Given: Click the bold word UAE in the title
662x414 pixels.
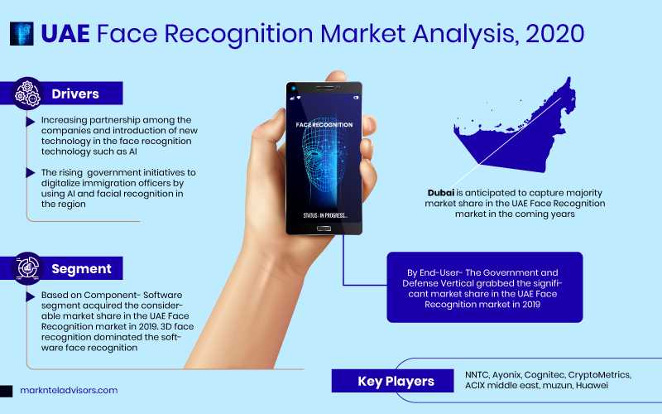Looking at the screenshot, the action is pos(65,33).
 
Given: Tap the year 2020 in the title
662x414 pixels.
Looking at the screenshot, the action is pos(554,33).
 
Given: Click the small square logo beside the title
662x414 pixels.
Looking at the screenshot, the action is pos(22,34).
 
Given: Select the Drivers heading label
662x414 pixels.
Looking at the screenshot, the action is pos(75,94).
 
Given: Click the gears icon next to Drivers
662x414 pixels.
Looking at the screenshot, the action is pos(27,94).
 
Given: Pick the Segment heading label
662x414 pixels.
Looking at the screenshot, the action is pos(81,268).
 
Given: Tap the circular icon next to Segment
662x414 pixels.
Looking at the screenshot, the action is pos(28,268).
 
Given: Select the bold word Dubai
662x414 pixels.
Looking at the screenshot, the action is pos(441,193).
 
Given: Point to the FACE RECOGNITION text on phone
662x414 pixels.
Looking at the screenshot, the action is pos(324,125).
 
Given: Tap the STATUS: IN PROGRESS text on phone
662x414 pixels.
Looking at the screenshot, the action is pos(325,215).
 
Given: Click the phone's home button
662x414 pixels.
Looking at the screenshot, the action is pos(324,229).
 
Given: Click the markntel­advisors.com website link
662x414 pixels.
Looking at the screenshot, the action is pos(69,390).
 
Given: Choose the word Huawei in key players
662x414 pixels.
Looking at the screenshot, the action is pos(592,385).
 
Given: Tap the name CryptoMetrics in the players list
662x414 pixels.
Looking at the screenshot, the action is pos(599,375).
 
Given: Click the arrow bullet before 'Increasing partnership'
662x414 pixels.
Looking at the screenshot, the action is pos(30,122).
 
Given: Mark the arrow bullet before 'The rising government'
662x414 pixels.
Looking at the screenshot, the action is pos(30,172).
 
